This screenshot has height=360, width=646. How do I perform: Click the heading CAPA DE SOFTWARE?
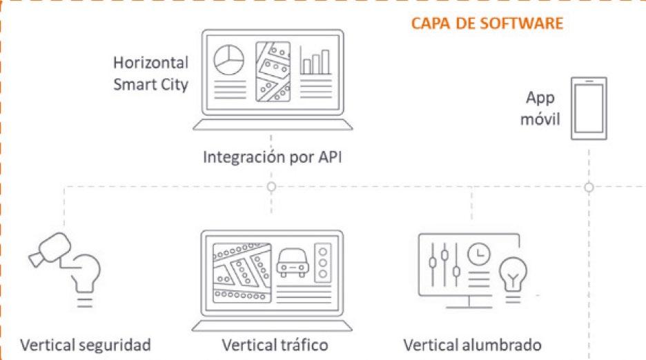487,23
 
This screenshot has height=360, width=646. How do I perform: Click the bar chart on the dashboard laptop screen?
315,61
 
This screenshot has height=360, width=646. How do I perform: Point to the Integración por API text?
273,158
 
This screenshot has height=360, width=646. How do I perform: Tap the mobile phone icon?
589,109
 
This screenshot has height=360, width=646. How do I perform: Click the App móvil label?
543,108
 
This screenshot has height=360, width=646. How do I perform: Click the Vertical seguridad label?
86,344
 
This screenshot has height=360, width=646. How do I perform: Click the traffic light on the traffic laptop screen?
322,262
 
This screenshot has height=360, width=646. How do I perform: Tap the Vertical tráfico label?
275,344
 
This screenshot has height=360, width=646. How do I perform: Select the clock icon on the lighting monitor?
477,255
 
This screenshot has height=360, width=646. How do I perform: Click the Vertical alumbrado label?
472,344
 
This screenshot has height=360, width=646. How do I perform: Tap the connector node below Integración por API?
271,187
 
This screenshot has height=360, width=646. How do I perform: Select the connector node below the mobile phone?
589,187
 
